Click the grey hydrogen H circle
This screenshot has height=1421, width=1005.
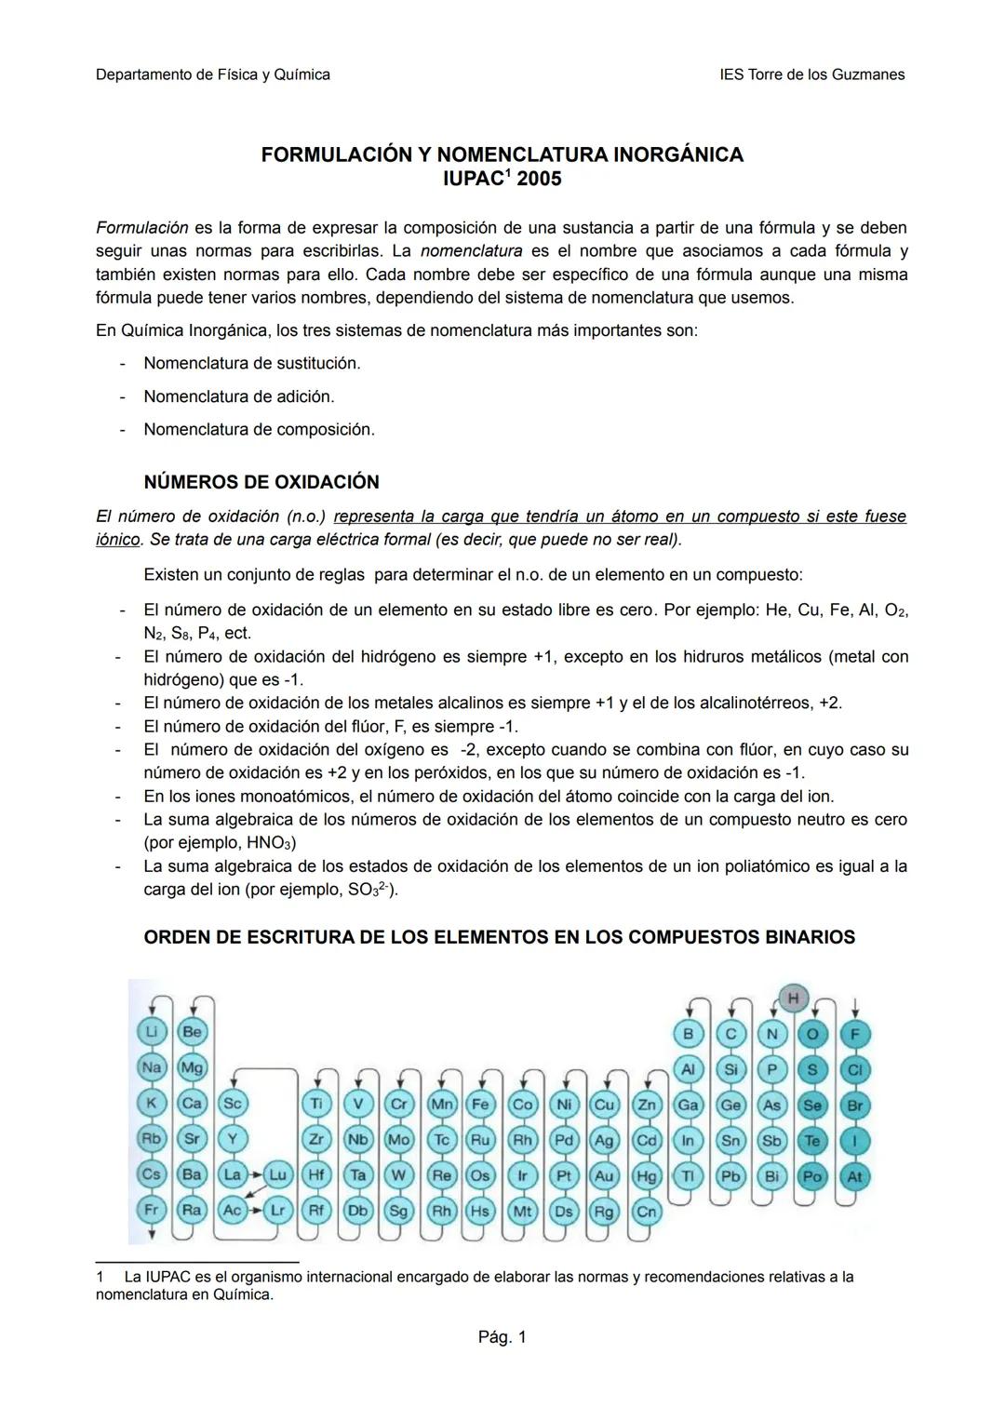pos(792,998)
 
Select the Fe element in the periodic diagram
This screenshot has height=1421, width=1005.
pos(480,1105)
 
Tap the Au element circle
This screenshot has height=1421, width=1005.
pos(604,1175)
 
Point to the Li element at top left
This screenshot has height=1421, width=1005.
pos(151,1032)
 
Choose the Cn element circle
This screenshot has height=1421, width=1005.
pos(646,1211)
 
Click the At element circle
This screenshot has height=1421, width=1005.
pos(854,1176)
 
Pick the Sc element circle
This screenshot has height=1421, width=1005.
pos(232,1104)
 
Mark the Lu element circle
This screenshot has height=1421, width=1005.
pos(276,1175)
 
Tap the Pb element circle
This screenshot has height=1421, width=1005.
pos(730,1176)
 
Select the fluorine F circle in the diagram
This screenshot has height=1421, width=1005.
pos(854,1034)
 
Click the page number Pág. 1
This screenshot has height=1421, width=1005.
pos(502,1337)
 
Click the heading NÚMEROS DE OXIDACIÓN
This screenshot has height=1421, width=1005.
pos(261,482)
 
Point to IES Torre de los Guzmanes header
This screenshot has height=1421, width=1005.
pos(811,74)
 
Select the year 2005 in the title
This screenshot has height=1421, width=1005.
pos(539,179)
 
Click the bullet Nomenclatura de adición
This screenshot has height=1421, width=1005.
pos(238,396)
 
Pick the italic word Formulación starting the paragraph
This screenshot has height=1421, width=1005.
pos(141,228)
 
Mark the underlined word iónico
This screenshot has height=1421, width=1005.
pos(117,540)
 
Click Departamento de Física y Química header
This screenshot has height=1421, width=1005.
pos(212,74)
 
